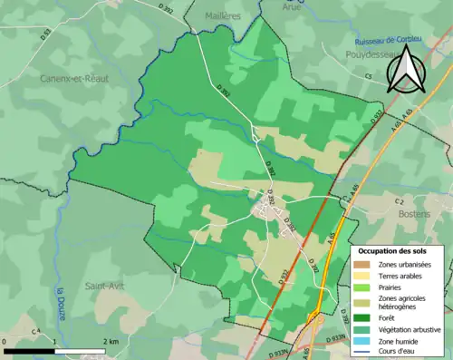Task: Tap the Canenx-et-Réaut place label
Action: (74, 79)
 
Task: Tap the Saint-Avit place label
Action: (104, 286)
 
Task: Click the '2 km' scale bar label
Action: (110, 340)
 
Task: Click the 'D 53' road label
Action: (47, 37)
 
